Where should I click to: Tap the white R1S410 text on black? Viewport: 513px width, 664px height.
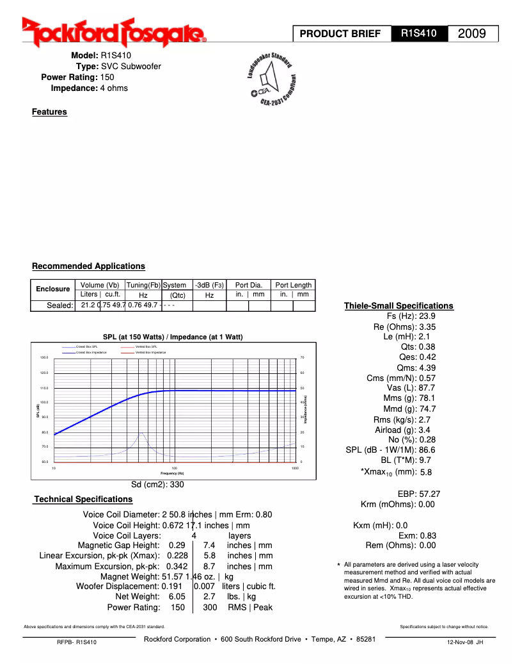pos(419,33)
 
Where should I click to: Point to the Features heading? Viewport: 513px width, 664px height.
pos(49,112)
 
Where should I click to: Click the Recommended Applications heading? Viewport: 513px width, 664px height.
pos(88,266)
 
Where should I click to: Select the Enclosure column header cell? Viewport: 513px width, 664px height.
pos(53,289)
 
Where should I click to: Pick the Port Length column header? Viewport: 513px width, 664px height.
pos(293,285)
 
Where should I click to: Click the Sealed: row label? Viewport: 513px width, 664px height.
pos(60,305)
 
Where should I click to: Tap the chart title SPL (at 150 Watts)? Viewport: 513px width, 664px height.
pos(173,337)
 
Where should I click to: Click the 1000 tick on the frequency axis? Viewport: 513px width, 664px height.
pos(295,468)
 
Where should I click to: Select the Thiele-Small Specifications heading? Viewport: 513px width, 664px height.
pos(398,306)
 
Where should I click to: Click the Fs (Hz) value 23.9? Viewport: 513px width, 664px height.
pos(427,316)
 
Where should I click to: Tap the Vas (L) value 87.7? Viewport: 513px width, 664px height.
pos(427,388)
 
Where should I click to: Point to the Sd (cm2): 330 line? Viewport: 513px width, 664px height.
pos(157,485)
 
